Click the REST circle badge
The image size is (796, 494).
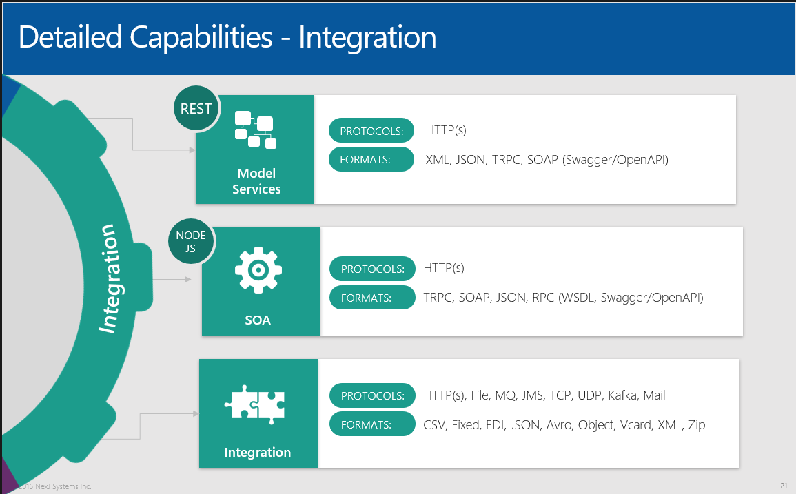(x=196, y=109)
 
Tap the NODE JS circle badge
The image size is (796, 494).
(x=191, y=242)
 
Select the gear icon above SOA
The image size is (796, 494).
(x=258, y=269)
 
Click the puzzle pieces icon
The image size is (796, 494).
(x=255, y=403)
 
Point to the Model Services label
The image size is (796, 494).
(x=256, y=181)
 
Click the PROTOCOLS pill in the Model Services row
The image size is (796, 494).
(x=371, y=131)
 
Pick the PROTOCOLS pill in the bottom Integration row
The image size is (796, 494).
(x=372, y=396)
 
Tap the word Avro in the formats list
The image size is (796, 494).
(x=559, y=425)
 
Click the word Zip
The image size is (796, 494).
(x=696, y=425)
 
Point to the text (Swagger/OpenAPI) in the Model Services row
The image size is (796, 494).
(x=615, y=160)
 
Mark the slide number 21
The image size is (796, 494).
(x=784, y=486)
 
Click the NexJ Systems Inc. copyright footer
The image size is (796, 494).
(x=52, y=486)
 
